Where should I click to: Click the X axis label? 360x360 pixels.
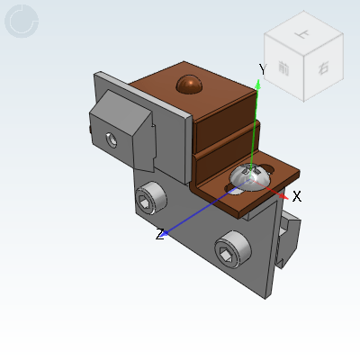click(x=296, y=195)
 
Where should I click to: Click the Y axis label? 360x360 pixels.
click(x=262, y=69)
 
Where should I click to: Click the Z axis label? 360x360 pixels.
click(x=159, y=234)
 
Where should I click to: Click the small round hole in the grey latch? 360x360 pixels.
click(x=111, y=139)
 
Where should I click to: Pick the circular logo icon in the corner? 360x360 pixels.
click(x=22, y=21)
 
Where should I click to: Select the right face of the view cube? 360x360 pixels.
click(x=322, y=67)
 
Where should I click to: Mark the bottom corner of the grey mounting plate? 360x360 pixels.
click(x=264, y=296)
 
